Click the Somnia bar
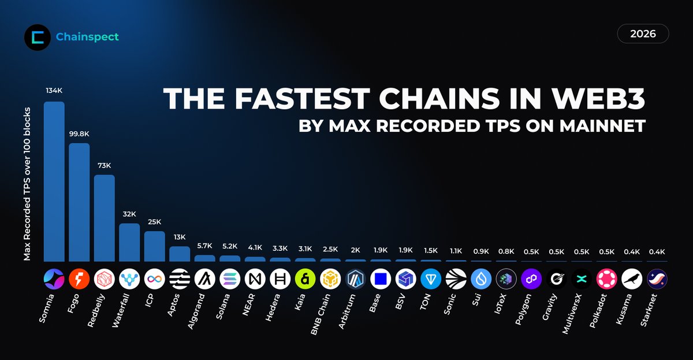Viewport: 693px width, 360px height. point(54,182)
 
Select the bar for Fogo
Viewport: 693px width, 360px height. point(79,202)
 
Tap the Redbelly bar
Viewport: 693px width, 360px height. point(105,218)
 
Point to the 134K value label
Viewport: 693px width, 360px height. point(54,91)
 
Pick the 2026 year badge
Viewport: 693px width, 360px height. point(643,34)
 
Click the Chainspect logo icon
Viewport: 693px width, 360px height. point(38,37)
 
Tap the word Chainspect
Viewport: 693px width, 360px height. point(87,37)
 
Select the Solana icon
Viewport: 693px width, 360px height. point(230,280)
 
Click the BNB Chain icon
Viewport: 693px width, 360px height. point(330,280)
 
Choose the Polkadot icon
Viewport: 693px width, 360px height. point(606,280)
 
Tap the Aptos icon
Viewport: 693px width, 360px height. point(180,280)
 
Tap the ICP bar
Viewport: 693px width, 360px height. point(155,246)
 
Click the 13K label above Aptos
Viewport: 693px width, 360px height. point(180,236)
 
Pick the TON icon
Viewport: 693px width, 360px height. point(431,280)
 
